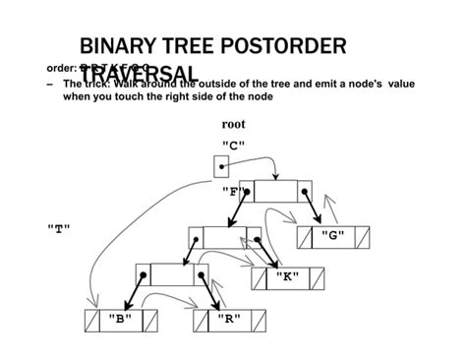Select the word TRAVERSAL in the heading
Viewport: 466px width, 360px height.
(152, 73)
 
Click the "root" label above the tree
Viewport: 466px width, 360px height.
(234, 125)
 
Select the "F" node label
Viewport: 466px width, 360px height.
(234, 191)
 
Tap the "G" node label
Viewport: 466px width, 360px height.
(335, 236)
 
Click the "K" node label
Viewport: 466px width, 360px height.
(286, 277)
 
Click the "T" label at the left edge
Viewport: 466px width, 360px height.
(58, 227)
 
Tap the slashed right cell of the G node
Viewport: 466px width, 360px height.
(363, 236)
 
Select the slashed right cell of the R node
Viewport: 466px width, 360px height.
(259, 320)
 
